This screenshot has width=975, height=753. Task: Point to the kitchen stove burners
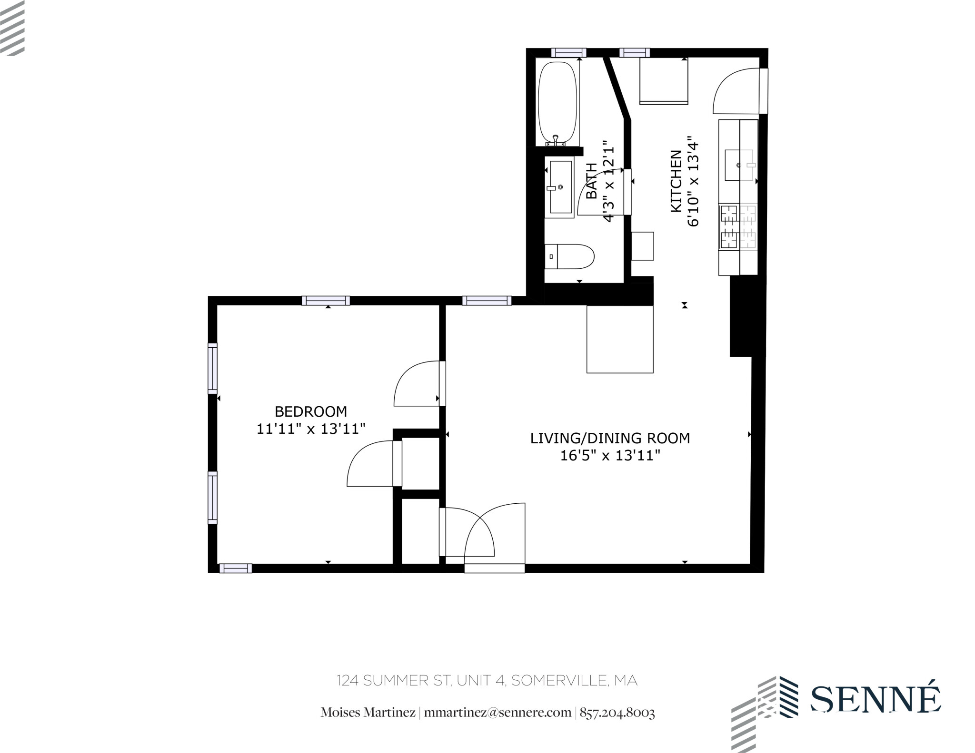click(737, 227)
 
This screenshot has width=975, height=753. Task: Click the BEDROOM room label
click(311, 411)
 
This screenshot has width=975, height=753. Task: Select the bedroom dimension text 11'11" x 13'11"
click(311, 429)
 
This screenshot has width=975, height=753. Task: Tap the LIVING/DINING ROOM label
click(610, 438)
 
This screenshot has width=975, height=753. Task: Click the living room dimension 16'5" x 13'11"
click(610, 456)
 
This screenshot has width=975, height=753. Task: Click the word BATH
click(591, 181)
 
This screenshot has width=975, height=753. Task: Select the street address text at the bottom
click(487, 681)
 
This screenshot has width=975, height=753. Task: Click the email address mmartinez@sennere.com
click(497, 713)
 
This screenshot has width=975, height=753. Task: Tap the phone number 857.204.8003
click(617, 713)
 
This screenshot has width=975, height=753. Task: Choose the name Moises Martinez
click(368, 713)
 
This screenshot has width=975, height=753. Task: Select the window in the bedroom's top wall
click(326, 301)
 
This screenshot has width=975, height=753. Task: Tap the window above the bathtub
click(568, 53)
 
